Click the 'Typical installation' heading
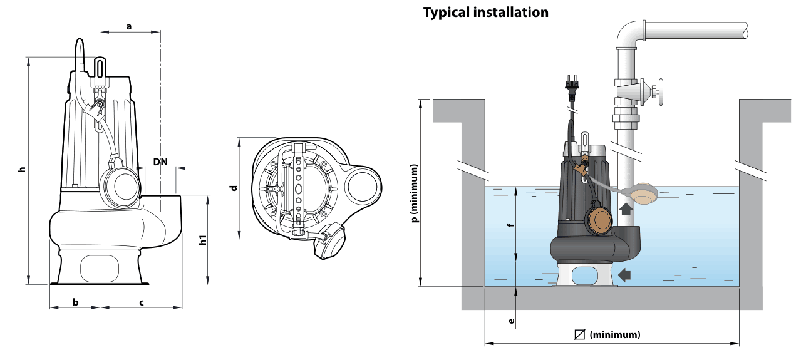(x=486, y=13)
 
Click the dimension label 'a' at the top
(x=129, y=26)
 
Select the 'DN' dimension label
(x=160, y=162)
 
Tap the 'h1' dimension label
(x=204, y=240)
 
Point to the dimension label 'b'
(x=76, y=302)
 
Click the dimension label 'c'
(x=142, y=303)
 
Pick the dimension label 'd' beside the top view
(x=234, y=188)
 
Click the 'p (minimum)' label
(x=415, y=193)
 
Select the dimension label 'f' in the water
(x=510, y=225)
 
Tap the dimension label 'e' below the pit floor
(x=511, y=321)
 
